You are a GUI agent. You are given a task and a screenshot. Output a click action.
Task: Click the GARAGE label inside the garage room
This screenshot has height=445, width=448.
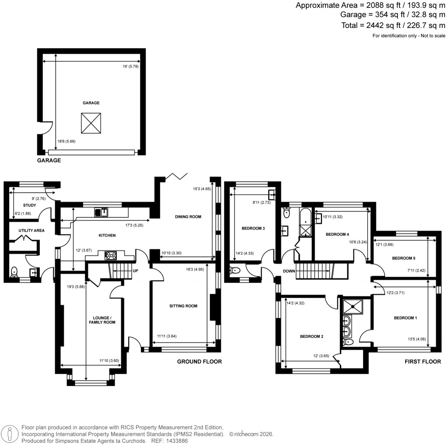[91, 103]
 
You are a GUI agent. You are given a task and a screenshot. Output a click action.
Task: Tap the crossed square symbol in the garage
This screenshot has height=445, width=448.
[91, 124]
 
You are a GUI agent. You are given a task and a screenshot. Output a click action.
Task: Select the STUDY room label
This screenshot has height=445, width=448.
[29, 205]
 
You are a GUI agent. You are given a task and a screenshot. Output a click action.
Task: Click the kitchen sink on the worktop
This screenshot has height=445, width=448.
[101, 212]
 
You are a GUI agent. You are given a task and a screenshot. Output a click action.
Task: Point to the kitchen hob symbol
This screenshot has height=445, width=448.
[110, 256]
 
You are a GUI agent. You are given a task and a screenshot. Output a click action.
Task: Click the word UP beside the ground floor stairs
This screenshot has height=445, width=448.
[136, 271]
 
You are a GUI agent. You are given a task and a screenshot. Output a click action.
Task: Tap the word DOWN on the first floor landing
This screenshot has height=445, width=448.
[289, 271]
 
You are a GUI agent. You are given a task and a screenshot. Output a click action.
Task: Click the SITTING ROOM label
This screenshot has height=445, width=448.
[183, 306]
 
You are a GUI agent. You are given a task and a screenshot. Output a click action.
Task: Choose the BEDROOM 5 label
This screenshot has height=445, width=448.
[404, 258]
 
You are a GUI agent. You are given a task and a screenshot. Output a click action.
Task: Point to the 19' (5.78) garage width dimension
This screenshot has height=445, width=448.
[130, 66]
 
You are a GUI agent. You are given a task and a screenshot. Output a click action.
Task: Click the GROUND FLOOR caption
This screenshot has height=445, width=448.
[199, 362]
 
